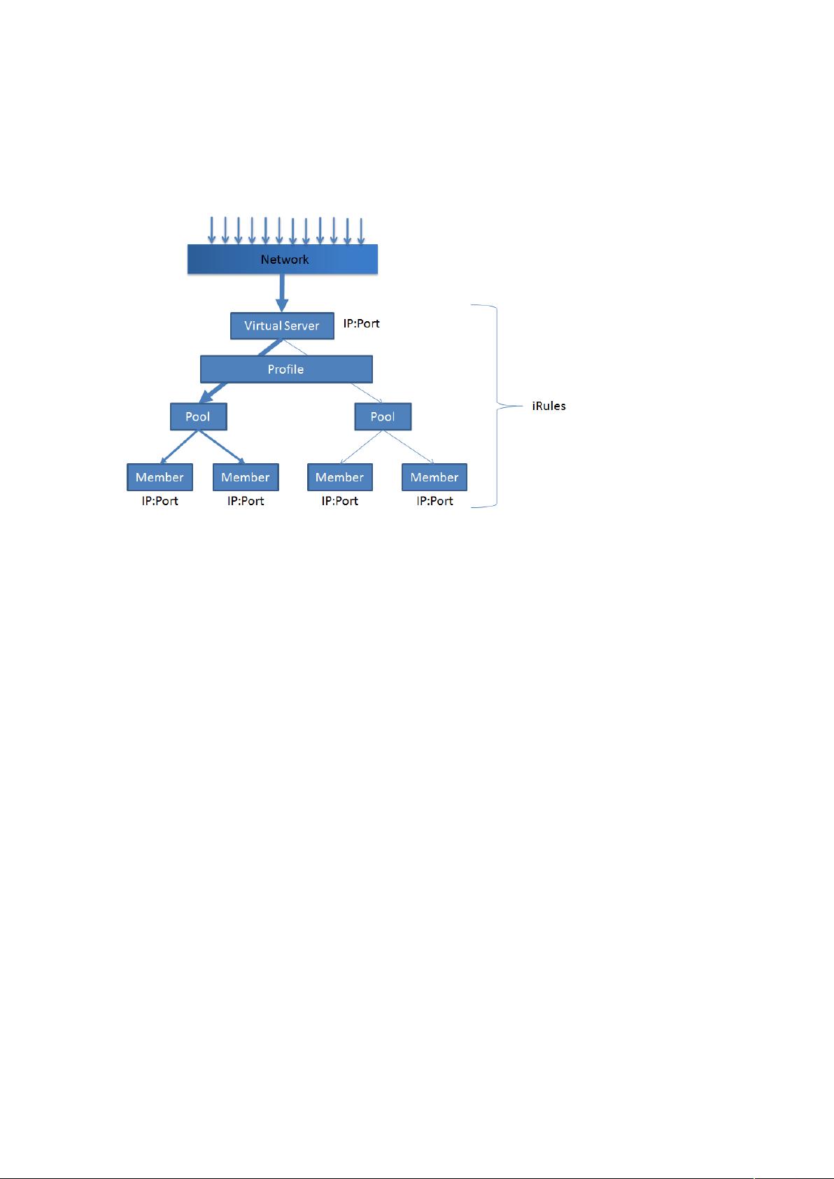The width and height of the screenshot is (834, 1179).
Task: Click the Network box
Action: [x=283, y=259]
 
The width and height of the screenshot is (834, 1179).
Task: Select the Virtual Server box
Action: [x=282, y=326]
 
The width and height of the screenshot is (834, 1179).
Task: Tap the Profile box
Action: [x=286, y=369]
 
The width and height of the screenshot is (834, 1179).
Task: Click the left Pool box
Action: [x=199, y=416]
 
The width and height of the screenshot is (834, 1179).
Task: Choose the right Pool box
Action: [x=383, y=416]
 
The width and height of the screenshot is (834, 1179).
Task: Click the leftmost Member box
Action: [x=160, y=477]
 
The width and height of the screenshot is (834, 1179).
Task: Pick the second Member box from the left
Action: [x=246, y=477]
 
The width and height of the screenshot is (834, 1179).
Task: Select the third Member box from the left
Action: [x=340, y=477]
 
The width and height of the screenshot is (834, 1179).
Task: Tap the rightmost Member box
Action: [x=434, y=477]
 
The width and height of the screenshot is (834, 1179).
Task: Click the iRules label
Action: [x=549, y=406]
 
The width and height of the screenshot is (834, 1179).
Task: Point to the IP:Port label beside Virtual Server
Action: [x=362, y=323]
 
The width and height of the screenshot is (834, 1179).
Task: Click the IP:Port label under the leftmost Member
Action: [x=160, y=500]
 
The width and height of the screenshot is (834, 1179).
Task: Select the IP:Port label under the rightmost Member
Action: [x=434, y=500]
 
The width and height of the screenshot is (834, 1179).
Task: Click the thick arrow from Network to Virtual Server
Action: [x=282, y=292]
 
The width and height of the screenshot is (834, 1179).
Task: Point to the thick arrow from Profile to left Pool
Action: [x=213, y=393]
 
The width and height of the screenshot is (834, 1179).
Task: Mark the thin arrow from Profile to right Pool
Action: [x=367, y=393]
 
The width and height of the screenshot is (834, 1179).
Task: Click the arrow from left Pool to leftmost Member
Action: [x=179, y=447]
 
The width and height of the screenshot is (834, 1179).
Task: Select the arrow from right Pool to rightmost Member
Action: [x=409, y=447]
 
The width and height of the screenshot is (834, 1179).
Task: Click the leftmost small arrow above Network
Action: [x=211, y=230]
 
